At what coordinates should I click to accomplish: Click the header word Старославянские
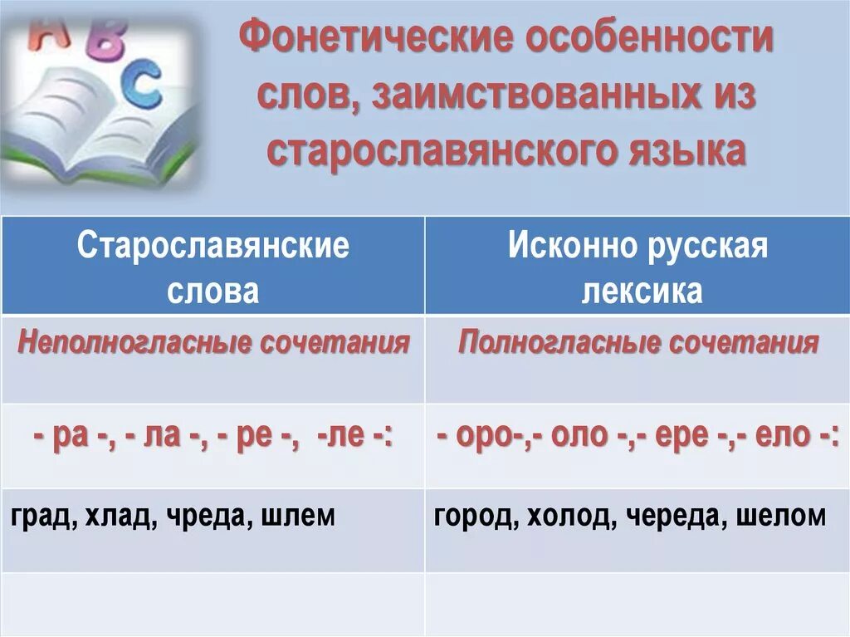coord(213,247)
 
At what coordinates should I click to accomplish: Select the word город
coord(472,516)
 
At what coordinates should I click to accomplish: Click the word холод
coord(569,516)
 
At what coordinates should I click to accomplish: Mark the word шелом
coord(784,516)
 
